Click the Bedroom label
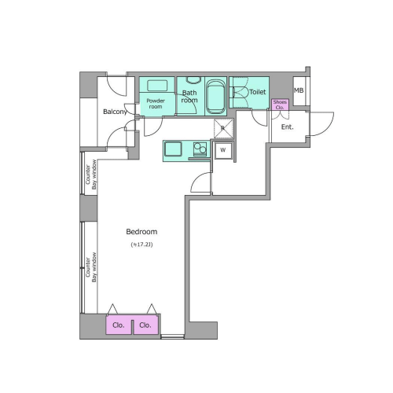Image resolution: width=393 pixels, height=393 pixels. click(x=141, y=232)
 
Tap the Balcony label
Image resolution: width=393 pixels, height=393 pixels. click(x=115, y=112)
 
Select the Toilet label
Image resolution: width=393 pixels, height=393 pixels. click(x=258, y=92)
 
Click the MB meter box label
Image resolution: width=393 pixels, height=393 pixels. click(x=299, y=90)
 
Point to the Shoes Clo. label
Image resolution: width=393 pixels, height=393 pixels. click(x=280, y=105)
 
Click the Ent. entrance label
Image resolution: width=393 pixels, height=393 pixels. click(x=287, y=127)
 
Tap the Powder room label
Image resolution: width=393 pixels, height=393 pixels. click(x=156, y=104)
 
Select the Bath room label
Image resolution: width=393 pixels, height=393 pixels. click(x=189, y=97)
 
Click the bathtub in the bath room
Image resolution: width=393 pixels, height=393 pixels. click(x=215, y=97)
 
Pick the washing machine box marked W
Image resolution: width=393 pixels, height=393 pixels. click(x=223, y=150)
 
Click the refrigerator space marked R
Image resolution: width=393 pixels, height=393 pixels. click(x=223, y=128)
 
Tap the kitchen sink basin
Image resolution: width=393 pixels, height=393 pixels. click(x=173, y=149)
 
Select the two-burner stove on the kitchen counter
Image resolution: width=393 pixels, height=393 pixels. click(x=200, y=149)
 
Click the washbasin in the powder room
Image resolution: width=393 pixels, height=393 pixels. click(x=157, y=86)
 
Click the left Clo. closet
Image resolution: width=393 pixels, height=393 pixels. click(x=119, y=325)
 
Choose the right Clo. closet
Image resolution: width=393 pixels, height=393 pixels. click(x=146, y=325)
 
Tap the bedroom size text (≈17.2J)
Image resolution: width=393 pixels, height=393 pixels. click(x=141, y=244)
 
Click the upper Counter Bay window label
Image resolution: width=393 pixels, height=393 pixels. click(x=91, y=174)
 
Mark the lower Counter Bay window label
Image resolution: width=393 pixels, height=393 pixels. click(x=91, y=267)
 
